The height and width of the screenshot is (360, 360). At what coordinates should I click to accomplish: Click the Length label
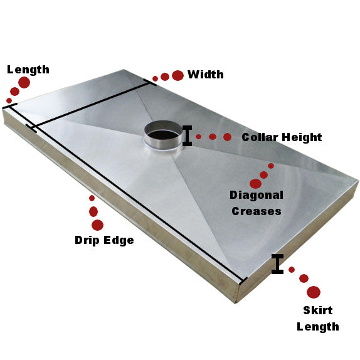pyautogui.click(x=28, y=70)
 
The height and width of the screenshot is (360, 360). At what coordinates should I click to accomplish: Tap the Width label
pyautogui.click(x=206, y=75)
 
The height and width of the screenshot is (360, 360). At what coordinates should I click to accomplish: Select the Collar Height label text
pyautogui.click(x=282, y=137)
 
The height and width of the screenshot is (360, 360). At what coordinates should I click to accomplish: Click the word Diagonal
pyautogui.click(x=257, y=196)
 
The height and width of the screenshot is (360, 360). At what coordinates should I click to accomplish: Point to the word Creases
pyautogui.click(x=257, y=211)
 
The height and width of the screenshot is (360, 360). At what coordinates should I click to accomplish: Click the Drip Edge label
pyautogui.click(x=104, y=240)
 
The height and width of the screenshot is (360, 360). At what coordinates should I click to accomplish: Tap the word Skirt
pyautogui.click(x=318, y=310)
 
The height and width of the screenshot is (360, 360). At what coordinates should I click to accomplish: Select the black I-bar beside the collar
pyautogui.click(x=188, y=135)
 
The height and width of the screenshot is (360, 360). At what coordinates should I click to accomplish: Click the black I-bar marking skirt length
pyautogui.click(x=277, y=264)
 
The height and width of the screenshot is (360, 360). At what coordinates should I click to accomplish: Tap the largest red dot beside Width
pyautogui.click(x=177, y=75)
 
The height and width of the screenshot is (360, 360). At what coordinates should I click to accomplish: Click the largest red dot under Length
pyautogui.click(x=24, y=82)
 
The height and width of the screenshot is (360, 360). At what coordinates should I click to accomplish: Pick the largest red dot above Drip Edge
pyautogui.click(x=97, y=225)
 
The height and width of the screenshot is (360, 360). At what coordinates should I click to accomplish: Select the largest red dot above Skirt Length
pyautogui.click(x=314, y=292)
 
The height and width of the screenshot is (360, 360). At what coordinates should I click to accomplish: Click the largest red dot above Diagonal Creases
pyautogui.click(x=255, y=184)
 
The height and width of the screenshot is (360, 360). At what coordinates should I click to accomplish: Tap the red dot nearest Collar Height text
pyautogui.click(x=227, y=137)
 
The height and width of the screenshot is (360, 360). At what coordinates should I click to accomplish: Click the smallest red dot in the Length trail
pyautogui.click(x=9, y=100)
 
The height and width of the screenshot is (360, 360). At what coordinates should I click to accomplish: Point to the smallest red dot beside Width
pyautogui.click(x=155, y=79)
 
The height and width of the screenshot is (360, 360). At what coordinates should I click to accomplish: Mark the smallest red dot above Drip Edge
pyautogui.click(x=92, y=198)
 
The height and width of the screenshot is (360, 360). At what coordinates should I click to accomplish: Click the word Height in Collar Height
pyautogui.click(x=302, y=137)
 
